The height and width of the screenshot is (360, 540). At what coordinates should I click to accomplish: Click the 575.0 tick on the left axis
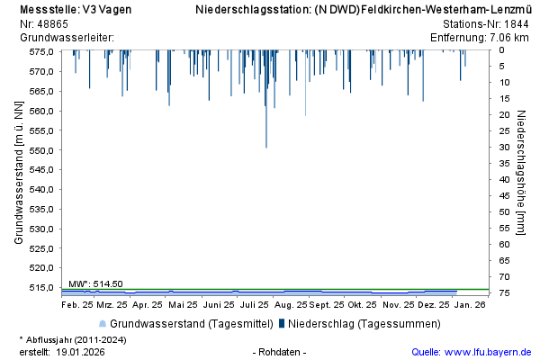[41, 50]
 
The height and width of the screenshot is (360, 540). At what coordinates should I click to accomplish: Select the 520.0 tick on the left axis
[41, 267]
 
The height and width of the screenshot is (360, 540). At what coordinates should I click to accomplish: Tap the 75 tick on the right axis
[507, 293]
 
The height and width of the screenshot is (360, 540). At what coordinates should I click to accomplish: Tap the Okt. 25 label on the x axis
[362, 305]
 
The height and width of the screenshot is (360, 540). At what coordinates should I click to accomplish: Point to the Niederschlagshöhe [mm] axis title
[521, 171]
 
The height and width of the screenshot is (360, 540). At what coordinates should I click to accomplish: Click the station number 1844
[517, 24]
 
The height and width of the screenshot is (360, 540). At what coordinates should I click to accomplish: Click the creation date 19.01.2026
[80, 352]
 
